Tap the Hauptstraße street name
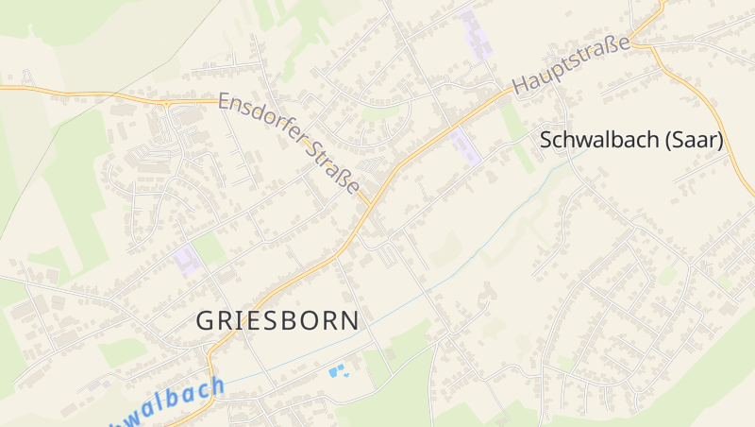pos(571,64)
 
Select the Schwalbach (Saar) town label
pos(631,141)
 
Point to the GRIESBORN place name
pos(277,320)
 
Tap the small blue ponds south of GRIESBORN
pos(337,371)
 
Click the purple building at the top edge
pos(477,33)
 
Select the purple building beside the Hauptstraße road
pos(464,146)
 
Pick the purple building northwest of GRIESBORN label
pos(187,258)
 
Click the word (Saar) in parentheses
pos(694,141)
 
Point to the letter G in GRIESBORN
pos(205,320)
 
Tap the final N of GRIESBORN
pos(349,320)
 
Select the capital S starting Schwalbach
pos(546,141)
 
